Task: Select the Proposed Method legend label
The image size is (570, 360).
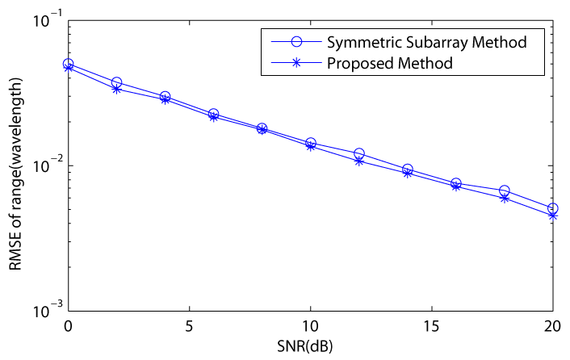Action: [x=395, y=62]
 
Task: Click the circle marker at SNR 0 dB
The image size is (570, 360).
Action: [x=68, y=64]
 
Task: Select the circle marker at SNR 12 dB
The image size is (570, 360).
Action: [x=358, y=153]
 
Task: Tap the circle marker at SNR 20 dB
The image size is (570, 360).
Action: [x=552, y=208]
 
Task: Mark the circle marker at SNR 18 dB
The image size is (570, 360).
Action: [x=504, y=190]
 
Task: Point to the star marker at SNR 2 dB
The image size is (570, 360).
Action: [x=116, y=89]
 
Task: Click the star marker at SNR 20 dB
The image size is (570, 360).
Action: [x=552, y=216]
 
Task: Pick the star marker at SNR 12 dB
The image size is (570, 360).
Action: [x=358, y=161]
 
